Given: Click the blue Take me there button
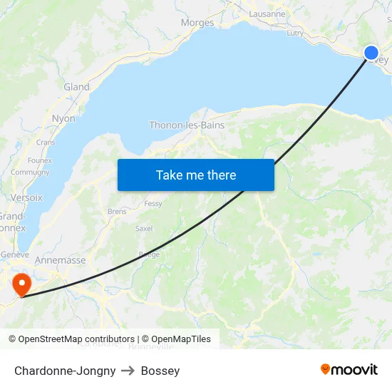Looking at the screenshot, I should click(x=196, y=175).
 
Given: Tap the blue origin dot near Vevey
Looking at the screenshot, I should click(x=371, y=53).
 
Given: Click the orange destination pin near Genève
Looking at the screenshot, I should click(x=22, y=284).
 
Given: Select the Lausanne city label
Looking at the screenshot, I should click(x=267, y=14).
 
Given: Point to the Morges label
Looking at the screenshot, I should click(x=197, y=23).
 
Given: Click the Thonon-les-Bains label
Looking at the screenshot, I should click(x=187, y=125).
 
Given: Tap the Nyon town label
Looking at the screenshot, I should click(x=63, y=118).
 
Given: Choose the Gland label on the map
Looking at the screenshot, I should click(x=76, y=87).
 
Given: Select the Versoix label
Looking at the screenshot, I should click(x=26, y=197).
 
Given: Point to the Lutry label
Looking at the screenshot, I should click(x=294, y=33).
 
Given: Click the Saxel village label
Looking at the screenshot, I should click(x=144, y=229).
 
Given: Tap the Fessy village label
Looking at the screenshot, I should click(x=153, y=204).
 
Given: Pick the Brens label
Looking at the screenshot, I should click(x=117, y=212).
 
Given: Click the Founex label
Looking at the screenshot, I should click(x=40, y=160).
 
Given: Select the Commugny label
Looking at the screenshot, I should click(x=30, y=172).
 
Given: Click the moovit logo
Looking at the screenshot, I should click(x=349, y=369).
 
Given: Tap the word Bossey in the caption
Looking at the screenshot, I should click(x=160, y=371).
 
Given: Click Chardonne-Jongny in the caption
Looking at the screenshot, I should click(x=65, y=371).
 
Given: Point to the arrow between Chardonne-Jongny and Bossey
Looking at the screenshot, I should click(x=128, y=371).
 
